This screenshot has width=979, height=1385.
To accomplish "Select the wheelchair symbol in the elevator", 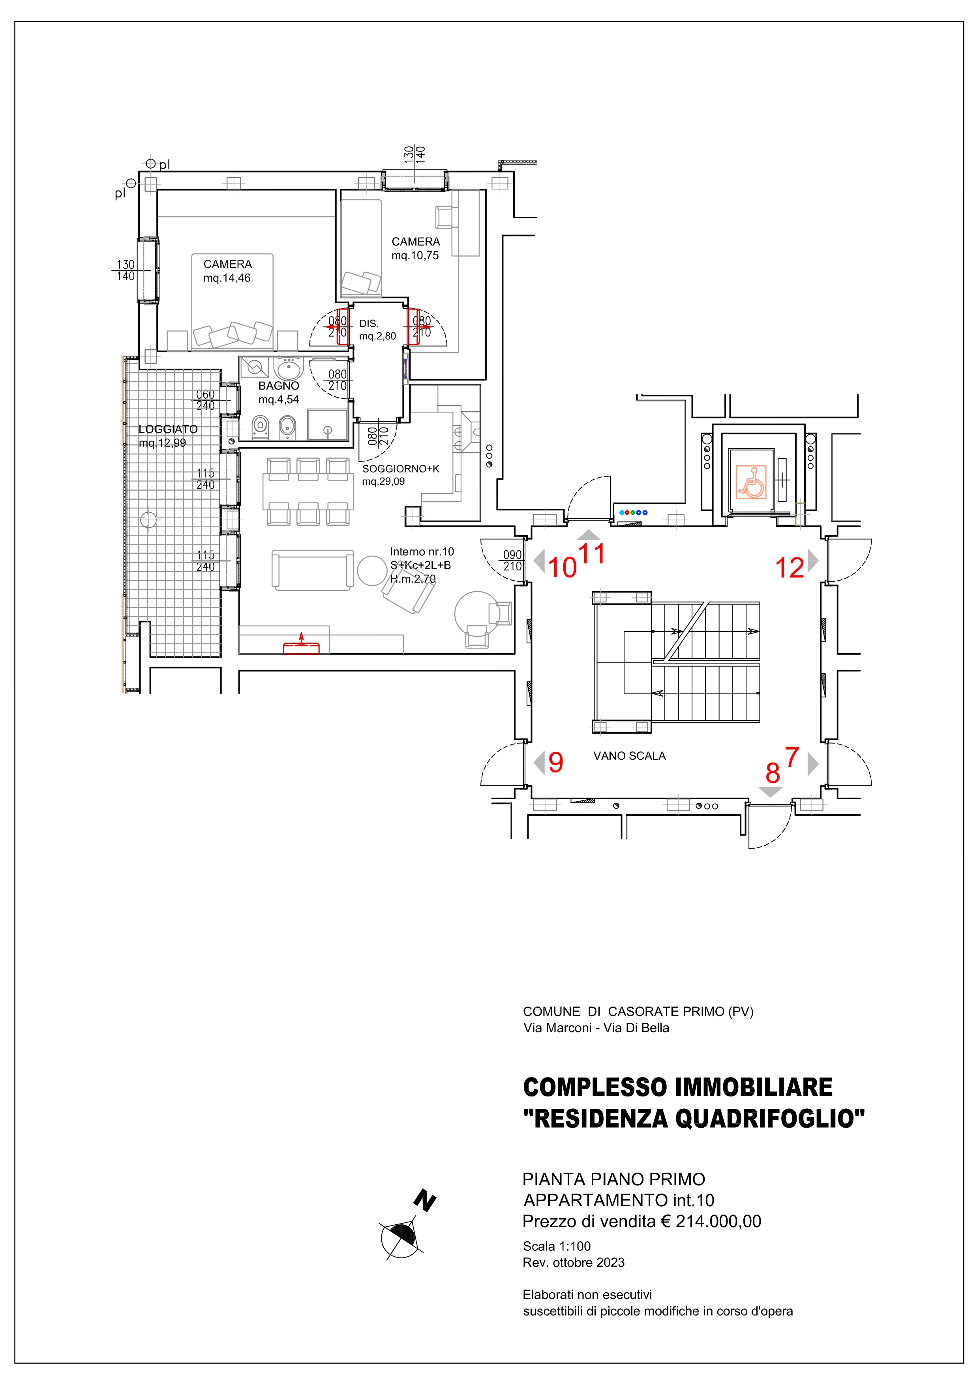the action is (751, 482).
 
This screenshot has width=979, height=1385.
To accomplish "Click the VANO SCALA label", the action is (629, 756).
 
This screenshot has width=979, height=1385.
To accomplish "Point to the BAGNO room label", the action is (279, 386).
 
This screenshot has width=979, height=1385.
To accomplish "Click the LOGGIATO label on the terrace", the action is (168, 429).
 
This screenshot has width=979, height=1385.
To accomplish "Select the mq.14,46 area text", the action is (227, 278).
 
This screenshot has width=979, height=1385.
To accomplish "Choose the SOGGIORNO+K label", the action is (401, 469).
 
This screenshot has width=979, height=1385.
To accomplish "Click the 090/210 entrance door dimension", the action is (512, 561).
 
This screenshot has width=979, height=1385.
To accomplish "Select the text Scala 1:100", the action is (557, 1246).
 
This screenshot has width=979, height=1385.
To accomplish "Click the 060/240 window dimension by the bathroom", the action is (205, 400).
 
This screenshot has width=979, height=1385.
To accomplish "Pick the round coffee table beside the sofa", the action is (372, 570).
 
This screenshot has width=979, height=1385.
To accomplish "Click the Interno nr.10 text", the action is (422, 551).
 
